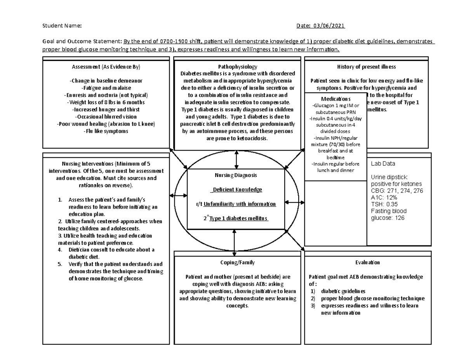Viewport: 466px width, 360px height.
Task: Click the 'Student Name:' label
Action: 62,26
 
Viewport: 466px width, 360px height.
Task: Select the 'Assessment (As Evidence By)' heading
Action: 106,67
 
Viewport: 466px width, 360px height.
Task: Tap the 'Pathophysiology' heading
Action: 236,67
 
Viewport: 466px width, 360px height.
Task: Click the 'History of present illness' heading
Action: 367,67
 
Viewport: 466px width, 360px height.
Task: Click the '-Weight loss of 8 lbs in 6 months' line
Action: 105,102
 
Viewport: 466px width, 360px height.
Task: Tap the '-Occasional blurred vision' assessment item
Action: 105,117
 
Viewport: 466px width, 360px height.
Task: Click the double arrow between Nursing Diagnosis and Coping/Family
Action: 234,240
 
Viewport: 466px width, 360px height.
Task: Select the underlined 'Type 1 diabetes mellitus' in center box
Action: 238,218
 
